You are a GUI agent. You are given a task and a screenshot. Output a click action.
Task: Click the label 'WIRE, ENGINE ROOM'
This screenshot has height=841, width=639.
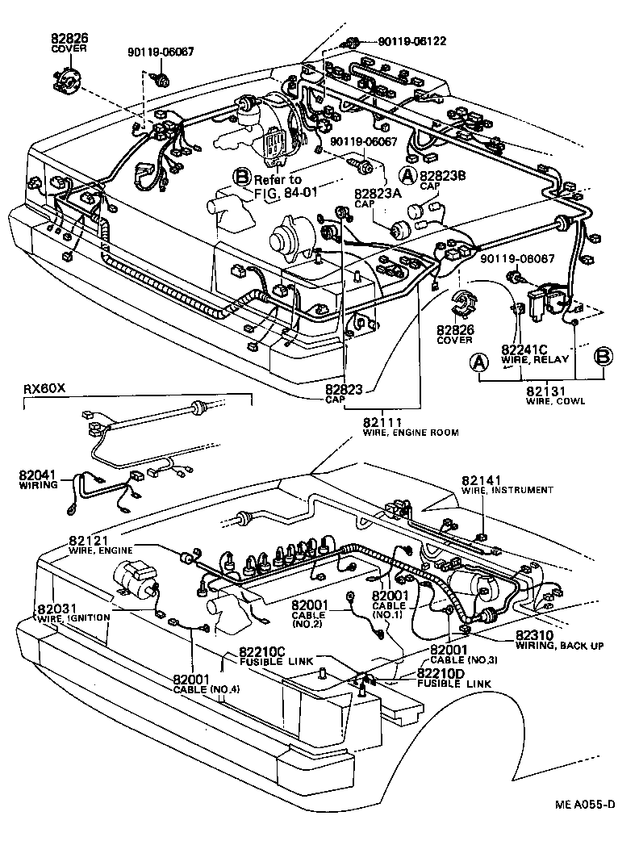click(x=411, y=433)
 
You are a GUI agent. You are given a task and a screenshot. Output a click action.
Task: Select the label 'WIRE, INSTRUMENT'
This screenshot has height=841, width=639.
click(x=507, y=490)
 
